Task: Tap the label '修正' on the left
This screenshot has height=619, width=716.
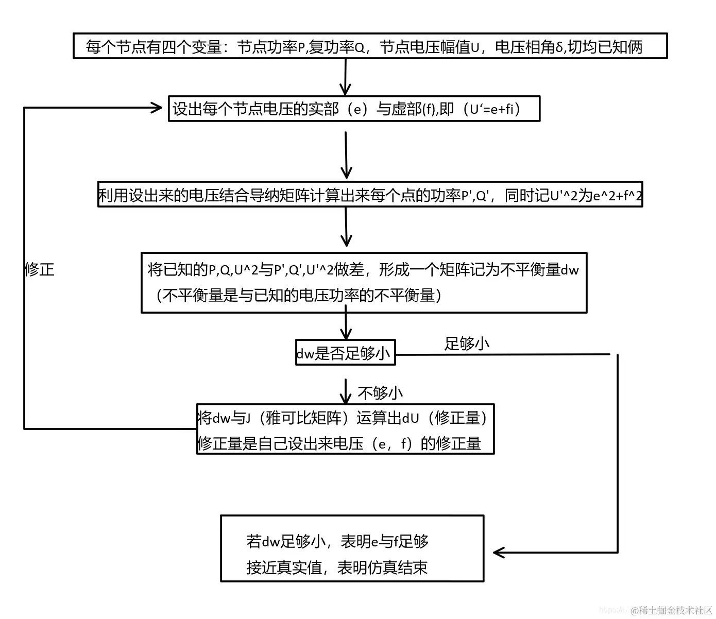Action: pos(39,269)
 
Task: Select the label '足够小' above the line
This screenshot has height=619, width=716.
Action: pos(466,343)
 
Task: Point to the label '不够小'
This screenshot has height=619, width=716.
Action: pos(380,393)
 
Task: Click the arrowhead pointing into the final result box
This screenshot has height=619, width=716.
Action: pos(498,553)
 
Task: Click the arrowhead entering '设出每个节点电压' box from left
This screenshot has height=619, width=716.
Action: pos(157,107)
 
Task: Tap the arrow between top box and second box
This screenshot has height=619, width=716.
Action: pos(346,77)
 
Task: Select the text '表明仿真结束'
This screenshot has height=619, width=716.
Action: pos(382,568)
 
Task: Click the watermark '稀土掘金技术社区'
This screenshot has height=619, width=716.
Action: pos(675,611)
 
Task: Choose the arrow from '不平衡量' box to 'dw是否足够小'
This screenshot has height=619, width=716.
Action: pos(346,324)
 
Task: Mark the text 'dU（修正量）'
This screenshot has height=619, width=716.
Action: pos(445,418)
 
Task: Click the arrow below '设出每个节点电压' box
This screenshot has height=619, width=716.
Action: pos(346,154)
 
